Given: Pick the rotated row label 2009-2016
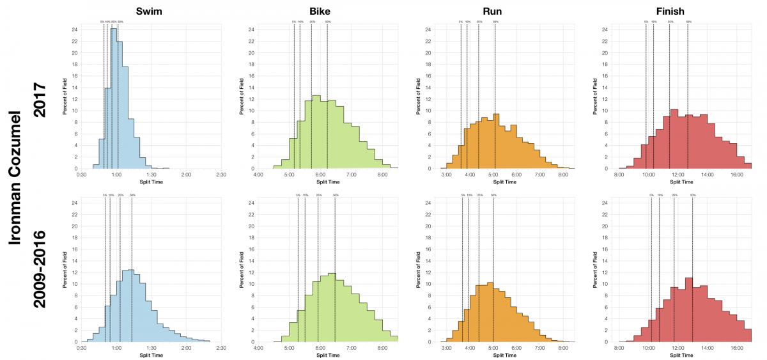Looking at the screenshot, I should click(x=40, y=269).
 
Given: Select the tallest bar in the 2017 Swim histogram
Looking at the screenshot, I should click(x=114, y=99).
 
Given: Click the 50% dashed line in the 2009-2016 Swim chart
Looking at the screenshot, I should click(x=132, y=269).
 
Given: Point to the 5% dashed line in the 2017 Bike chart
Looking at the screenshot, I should click(x=294, y=96).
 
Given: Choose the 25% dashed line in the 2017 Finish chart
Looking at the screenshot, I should click(x=669, y=96).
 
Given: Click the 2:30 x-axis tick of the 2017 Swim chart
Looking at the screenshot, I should click(x=221, y=175).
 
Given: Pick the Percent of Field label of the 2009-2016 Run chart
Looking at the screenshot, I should click(x=418, y=269).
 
